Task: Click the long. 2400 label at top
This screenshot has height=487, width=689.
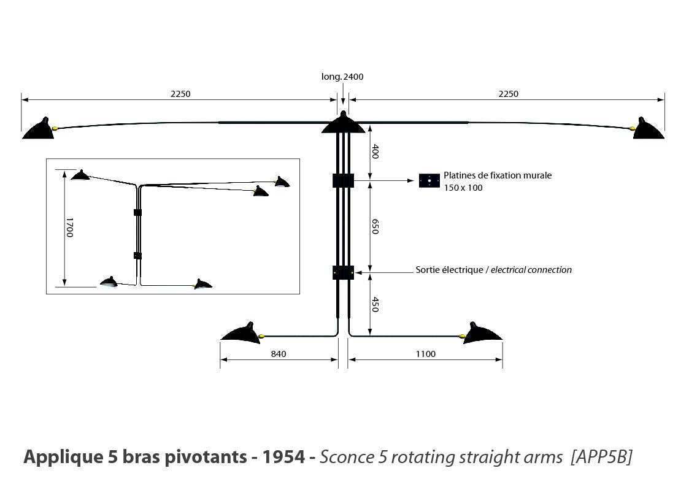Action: click(x=342, y=77)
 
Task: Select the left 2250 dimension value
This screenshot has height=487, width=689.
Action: click(x=180, y=94)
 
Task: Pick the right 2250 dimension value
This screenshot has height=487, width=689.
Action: click(x=508, y=94)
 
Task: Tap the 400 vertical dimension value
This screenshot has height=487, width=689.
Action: click(x=375, y=151)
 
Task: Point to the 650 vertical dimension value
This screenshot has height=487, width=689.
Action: click(x=375, y=226)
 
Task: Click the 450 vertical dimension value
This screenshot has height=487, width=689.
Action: click(x=375, y=304)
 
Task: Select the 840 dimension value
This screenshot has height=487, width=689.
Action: click(x=279, y=354)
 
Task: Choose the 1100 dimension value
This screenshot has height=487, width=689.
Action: click(x=425, y=354)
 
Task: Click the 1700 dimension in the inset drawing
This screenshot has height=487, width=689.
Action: click(x=69, y=228)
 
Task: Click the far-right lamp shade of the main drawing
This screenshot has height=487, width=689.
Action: click(x=649, y=129)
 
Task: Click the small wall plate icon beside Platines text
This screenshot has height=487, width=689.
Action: click(x=429, y=180)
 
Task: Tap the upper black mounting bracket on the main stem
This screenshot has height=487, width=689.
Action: click(x=343, y=180)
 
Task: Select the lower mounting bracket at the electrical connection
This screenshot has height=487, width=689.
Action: click(x=343, y=272)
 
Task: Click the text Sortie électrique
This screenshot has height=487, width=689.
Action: click(x=450, y=270)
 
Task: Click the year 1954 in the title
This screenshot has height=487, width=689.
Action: click(x=283, y=457)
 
